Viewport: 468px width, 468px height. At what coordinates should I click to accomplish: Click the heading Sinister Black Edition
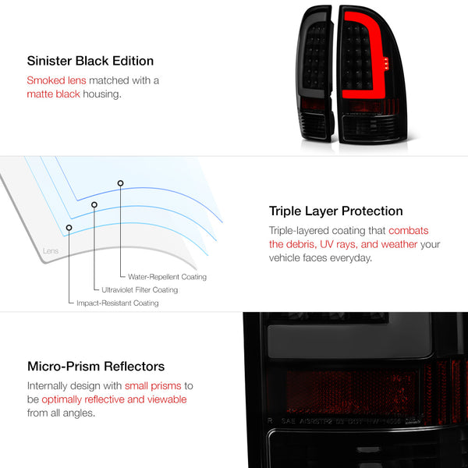tap(90, 61)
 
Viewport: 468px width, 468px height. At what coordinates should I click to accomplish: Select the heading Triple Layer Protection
tap(335, 211)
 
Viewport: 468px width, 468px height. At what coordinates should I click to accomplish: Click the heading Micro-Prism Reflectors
tap(95, 367)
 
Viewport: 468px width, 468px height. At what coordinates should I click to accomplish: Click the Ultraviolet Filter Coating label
tap(140, 290)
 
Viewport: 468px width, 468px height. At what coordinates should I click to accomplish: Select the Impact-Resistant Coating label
tap(118, 303)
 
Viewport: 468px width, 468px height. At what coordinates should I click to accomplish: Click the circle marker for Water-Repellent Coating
tap(120, 183)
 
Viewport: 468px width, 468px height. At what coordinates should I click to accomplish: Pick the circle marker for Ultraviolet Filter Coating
tap(94, 204)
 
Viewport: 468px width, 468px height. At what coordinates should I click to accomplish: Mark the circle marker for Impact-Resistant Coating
tap(69, 228)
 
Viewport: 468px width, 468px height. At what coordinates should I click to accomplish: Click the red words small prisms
tap(154, 385)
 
